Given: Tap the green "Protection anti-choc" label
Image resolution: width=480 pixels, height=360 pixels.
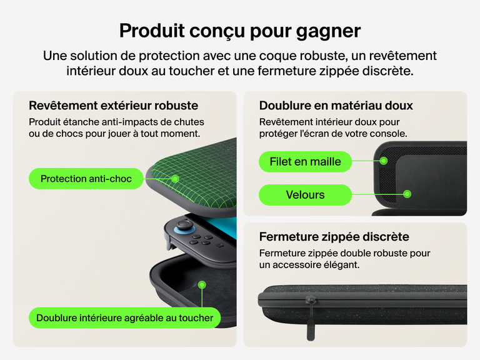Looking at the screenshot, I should [x=86, y=179].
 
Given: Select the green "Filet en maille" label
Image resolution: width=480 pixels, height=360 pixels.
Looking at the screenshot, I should [x=305, y=161].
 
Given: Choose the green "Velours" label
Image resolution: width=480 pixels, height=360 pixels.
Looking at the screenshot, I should [x=305, y=195].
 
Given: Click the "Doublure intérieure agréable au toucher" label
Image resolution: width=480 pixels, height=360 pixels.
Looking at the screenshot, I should [x=124, y=317].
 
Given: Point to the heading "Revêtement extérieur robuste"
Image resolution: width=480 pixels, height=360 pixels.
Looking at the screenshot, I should [x=113, y=105].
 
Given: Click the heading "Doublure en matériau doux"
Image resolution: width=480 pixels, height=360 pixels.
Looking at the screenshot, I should [x=336, y=105].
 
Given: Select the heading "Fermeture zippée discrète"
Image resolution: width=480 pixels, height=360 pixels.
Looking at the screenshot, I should [x=334, y=237].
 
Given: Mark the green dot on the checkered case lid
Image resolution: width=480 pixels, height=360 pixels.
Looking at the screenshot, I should [x=175, y=179].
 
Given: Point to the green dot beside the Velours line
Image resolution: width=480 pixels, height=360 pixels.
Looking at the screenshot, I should [x=407, y=195].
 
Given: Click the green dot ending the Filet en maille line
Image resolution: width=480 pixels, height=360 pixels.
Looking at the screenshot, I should [x=384, y=161].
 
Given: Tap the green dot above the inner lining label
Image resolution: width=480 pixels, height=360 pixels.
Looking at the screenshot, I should [x=202, y=285].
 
